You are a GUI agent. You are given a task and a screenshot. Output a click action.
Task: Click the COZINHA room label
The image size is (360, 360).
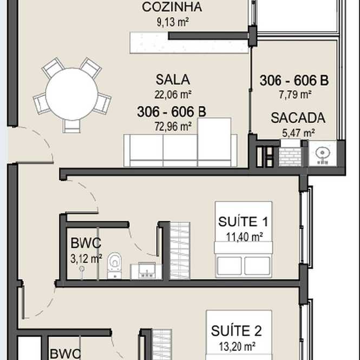(172, 7)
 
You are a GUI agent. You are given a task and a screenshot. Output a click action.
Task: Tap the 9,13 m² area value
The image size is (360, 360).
(173, 22)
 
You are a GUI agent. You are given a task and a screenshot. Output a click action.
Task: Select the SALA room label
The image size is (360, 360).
(173, 80)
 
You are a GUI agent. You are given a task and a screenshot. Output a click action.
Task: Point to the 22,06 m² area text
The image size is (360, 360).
(173, 94)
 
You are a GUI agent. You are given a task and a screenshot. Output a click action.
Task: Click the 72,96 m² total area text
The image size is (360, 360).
(173, 126)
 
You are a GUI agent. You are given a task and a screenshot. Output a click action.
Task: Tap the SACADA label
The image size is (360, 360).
(298, 118)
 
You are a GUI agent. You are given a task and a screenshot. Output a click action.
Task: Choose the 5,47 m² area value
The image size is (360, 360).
(298, 133)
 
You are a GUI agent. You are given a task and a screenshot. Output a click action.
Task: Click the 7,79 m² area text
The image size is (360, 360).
(295, 94)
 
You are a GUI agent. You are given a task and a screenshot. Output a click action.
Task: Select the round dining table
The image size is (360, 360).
(72, 94)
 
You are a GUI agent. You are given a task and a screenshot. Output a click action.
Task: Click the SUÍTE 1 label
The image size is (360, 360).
(243, 221)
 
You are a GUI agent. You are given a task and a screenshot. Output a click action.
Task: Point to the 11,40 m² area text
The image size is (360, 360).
(244, 237)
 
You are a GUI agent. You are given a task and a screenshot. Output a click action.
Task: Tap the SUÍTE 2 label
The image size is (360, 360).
(236, 331)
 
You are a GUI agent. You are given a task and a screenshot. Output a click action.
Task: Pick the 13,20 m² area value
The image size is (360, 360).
(237, 346)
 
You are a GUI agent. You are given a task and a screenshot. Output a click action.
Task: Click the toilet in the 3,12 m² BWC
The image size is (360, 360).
(114, 266)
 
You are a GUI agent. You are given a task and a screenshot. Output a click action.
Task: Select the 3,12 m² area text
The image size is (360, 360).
(86, 259)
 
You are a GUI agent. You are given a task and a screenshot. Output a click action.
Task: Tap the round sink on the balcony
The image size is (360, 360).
(323, 153)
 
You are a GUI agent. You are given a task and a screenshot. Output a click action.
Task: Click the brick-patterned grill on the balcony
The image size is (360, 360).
(290, 156)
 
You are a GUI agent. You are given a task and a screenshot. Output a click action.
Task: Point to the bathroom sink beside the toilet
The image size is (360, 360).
(146, 271)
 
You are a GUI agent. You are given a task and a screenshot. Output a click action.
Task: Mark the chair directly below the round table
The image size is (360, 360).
(71, 126)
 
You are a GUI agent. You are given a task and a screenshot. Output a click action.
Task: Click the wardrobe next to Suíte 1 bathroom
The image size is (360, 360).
(180, 251)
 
